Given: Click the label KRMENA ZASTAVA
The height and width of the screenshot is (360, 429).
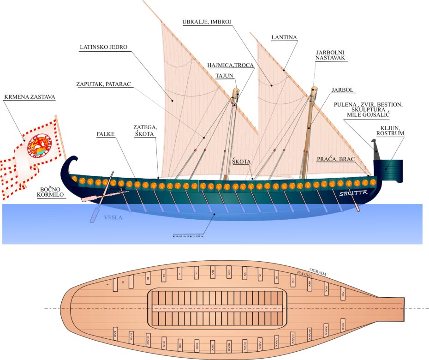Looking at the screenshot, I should tap(24, 97).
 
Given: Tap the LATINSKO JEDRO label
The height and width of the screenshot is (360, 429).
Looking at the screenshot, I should tap(103, 47).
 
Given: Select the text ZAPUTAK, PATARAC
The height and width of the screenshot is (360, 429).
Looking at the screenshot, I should tap(103, 84).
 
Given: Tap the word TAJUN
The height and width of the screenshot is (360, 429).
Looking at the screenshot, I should tap(225, 76).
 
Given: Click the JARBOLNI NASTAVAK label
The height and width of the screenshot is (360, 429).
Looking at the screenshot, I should tap(330, 55).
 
